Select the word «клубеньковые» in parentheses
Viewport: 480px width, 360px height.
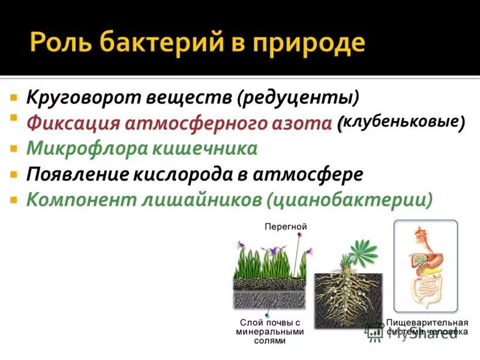(403, 121)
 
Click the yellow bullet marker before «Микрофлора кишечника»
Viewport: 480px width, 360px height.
(13, 147)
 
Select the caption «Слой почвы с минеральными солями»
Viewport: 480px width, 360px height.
(269, 331)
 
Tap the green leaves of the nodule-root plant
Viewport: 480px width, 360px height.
(359, 252)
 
